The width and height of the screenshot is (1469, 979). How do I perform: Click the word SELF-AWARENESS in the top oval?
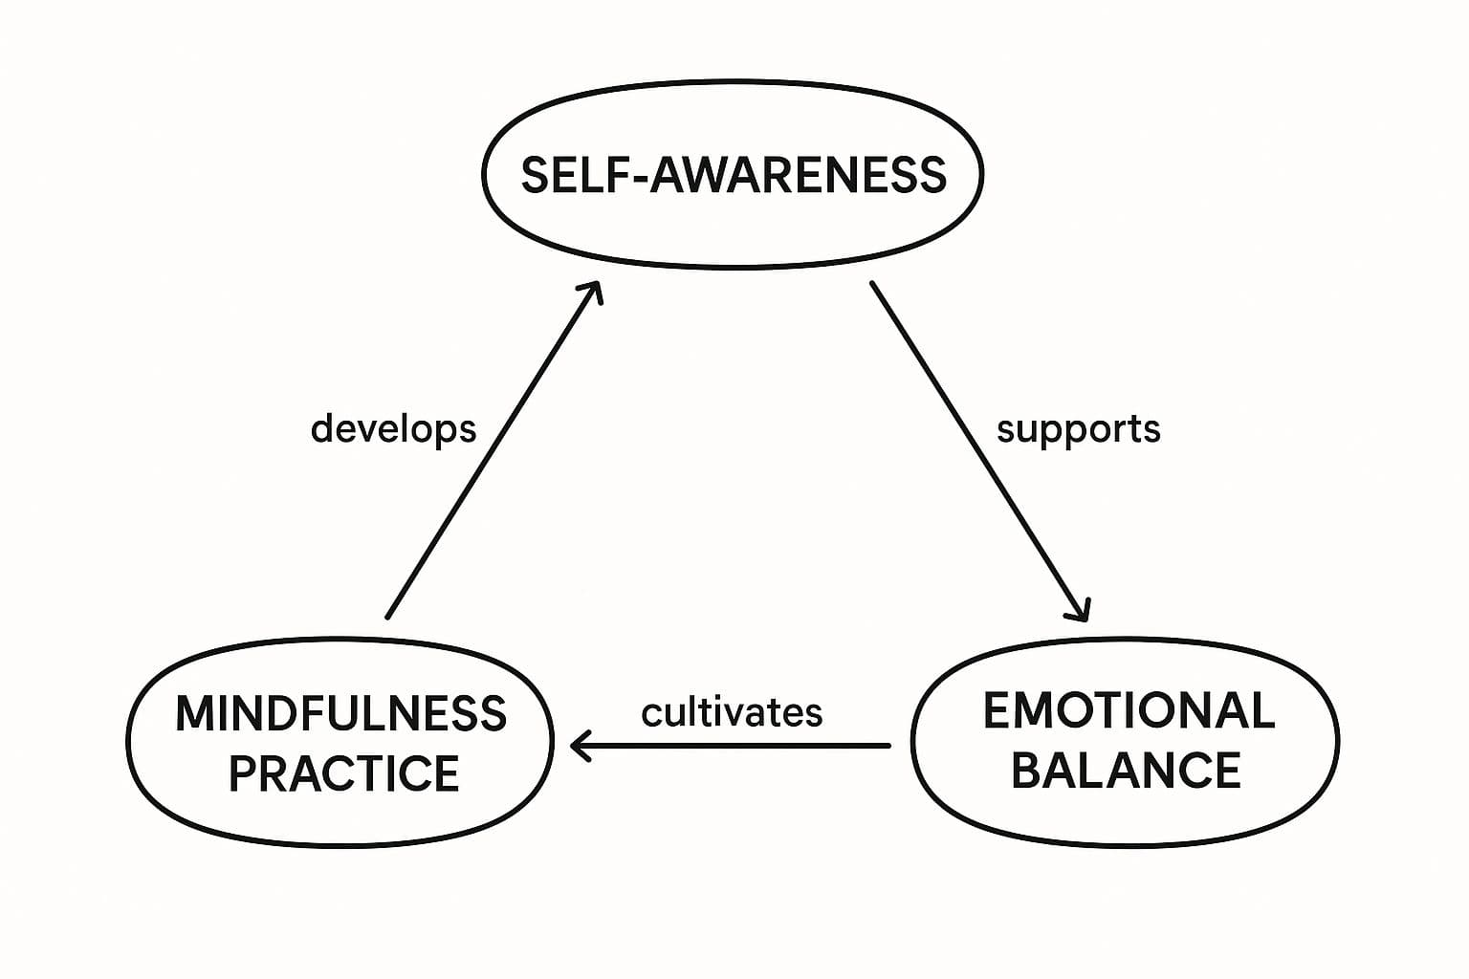(x=734, y=175)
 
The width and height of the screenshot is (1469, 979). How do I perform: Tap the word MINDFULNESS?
(x=340, y=714)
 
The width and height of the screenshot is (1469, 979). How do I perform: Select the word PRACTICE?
(x=343, y=773)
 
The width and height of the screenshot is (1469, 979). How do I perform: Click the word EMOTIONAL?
(x=1129, y=710)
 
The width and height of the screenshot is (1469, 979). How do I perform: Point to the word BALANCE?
(x=1126, y=771)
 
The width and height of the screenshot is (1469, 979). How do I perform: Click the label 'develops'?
(x=393, y=428)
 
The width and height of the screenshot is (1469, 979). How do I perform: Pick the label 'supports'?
(x=1078, y=428)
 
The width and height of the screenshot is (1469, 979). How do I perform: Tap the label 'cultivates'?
(x=732, y=712)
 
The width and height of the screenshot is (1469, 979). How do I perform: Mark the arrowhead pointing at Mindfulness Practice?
(x=578, y=745)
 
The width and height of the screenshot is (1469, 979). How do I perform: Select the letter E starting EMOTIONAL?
(x=997, y=710)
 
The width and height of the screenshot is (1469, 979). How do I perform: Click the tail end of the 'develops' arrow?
(x=387, y=617)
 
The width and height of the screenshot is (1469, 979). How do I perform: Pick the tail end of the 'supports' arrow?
(x=872, y=284)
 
